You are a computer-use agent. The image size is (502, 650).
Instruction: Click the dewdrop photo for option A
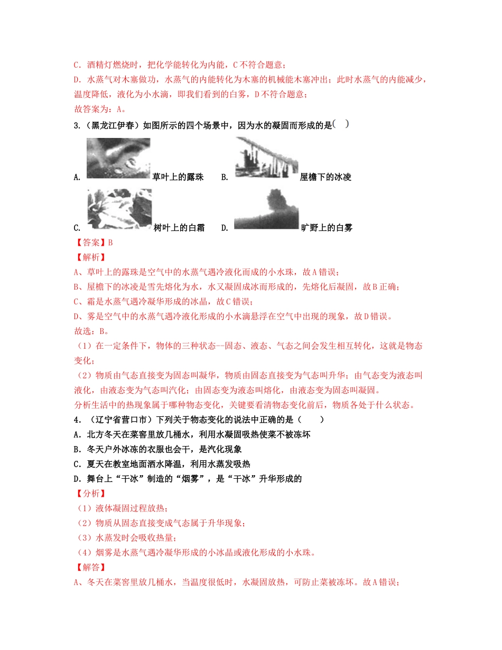click(x=118, y=158)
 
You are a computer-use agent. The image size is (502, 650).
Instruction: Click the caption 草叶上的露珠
click(x=178, y=177)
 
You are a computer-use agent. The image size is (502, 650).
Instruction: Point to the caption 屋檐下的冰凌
click(x=326, y=177)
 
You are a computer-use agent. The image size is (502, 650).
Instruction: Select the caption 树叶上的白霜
click(x=179, y=228)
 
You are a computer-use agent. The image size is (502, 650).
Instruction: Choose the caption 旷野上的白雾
click(x=327, y=228)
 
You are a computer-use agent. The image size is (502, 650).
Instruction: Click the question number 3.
click(x=77, y=126)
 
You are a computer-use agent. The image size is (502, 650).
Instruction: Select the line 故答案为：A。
click(x=100, y=109)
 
